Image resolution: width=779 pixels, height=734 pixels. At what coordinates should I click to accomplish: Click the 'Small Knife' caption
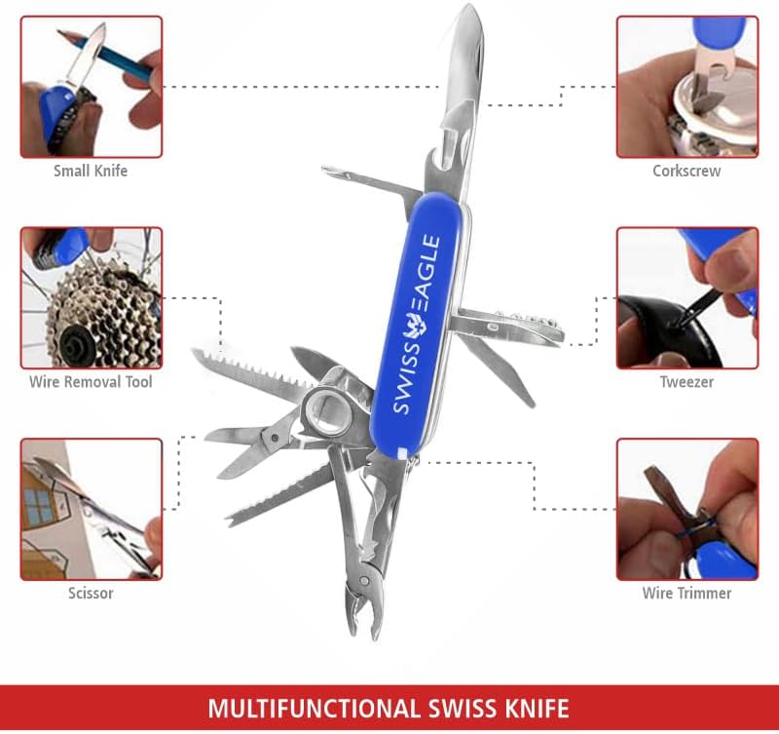click(91, 171)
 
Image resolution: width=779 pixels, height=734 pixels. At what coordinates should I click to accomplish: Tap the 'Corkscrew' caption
click(686, 171)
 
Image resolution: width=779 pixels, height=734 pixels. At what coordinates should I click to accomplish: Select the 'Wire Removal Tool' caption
click(91, 382)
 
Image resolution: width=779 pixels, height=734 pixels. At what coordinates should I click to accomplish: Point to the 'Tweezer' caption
click(686, 382)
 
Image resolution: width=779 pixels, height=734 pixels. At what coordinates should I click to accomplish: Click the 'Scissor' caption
click(91, 593)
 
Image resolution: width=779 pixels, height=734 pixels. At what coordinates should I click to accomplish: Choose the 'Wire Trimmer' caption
click(686, 593)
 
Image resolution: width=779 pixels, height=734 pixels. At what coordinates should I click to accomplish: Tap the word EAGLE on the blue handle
click(428, 278)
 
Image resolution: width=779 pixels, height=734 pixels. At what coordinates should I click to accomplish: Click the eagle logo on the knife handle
click(416, 330)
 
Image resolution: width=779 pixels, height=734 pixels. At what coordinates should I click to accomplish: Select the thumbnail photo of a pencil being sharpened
click(92, 87)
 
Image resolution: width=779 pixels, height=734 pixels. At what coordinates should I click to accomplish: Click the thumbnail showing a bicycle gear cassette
click(92, 298)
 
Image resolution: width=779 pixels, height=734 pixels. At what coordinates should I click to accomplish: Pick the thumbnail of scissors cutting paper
click(92, 509)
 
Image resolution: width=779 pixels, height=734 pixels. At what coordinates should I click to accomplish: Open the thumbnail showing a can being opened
click(687, 87)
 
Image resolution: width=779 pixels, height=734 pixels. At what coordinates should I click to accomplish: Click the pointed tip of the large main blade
click(470, 5)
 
